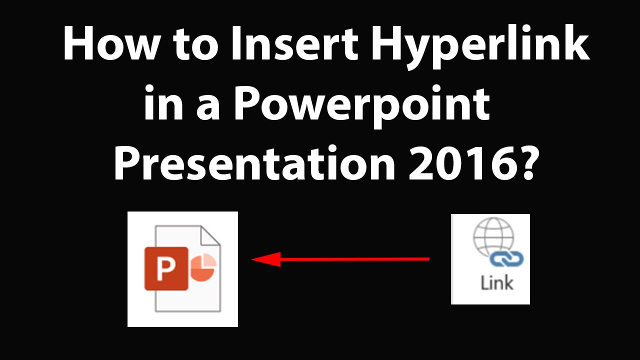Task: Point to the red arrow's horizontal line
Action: (x=355, y=259)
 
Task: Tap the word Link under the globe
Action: (x=496, y=283)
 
